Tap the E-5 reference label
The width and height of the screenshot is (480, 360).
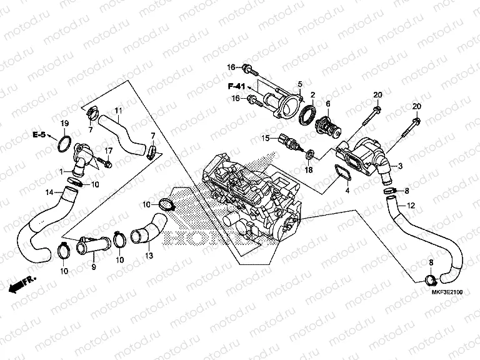click(39, 134)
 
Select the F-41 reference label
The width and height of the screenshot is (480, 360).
click(237, 85)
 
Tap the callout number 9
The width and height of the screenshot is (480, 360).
click(93, 267)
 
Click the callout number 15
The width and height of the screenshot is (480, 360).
click(265, 137)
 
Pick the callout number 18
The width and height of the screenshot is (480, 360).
click(307, 169)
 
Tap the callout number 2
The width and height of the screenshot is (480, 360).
click(312, 94)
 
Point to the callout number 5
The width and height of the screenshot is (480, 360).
click(300, 84)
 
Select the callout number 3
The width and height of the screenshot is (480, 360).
click(401, 166)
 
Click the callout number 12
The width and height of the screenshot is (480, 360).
click(411, 206)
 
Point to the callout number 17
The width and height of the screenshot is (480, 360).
click(109, 151)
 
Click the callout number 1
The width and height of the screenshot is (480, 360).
click(61, 171)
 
